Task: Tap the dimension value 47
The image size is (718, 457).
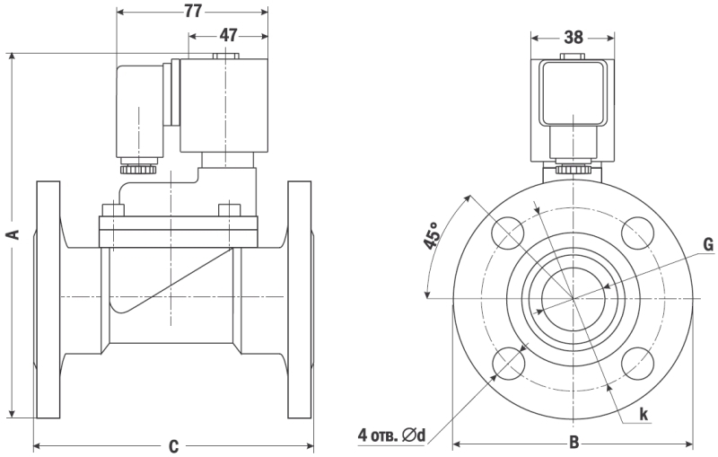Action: (229, 35)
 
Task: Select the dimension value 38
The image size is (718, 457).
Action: (574, 37)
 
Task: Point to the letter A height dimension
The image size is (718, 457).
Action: (13, 234)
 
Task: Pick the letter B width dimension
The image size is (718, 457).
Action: (574, 443)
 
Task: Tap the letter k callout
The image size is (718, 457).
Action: (644, 414)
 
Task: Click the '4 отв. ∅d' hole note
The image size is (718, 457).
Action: (390, 436)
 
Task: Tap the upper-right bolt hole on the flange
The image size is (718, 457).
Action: (637, 233)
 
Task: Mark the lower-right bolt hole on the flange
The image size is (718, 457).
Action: (637, 362)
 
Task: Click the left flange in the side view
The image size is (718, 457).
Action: (48, 299)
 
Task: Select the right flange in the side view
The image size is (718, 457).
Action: (301, 299)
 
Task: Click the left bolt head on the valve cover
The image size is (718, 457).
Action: (112, 211)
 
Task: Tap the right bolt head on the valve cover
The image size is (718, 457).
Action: (230, 211)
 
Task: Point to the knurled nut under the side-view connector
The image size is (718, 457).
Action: (139, 167)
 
